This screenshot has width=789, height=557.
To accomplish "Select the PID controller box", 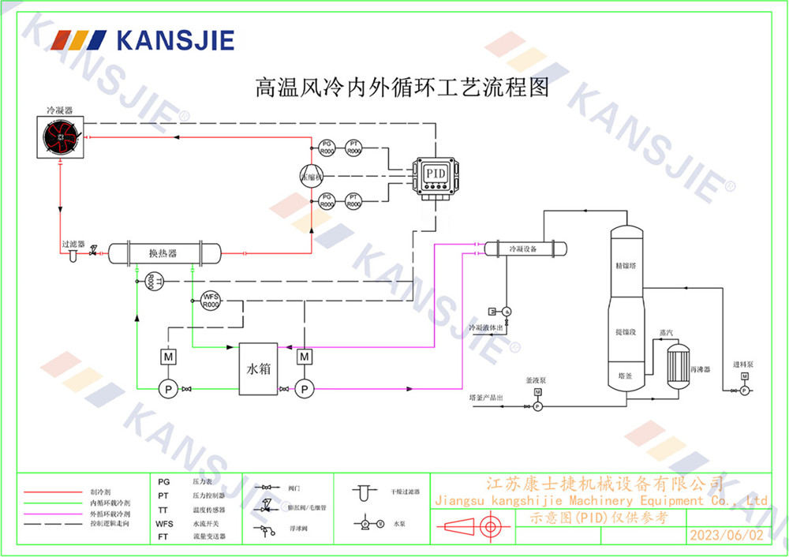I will (x=436, y=174).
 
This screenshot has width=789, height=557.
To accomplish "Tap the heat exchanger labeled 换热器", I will (x=163, y=253).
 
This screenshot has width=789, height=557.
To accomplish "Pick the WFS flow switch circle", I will (x=210, y=301).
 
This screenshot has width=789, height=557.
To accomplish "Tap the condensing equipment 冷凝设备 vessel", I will (x=523, y=249).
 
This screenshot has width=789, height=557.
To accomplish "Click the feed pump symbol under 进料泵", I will (x=744, y=390).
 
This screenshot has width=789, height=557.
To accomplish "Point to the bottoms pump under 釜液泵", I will (x=537, y=406).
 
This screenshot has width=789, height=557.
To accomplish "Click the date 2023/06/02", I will (x=726, y=535).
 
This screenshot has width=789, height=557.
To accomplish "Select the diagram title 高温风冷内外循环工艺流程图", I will (x=402, y=86).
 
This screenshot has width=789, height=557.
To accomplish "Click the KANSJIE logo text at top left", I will (x=175, y=40).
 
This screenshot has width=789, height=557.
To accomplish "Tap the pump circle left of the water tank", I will (x=168, y=388).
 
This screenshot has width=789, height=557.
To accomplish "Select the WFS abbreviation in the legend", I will (x=164, y=523).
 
